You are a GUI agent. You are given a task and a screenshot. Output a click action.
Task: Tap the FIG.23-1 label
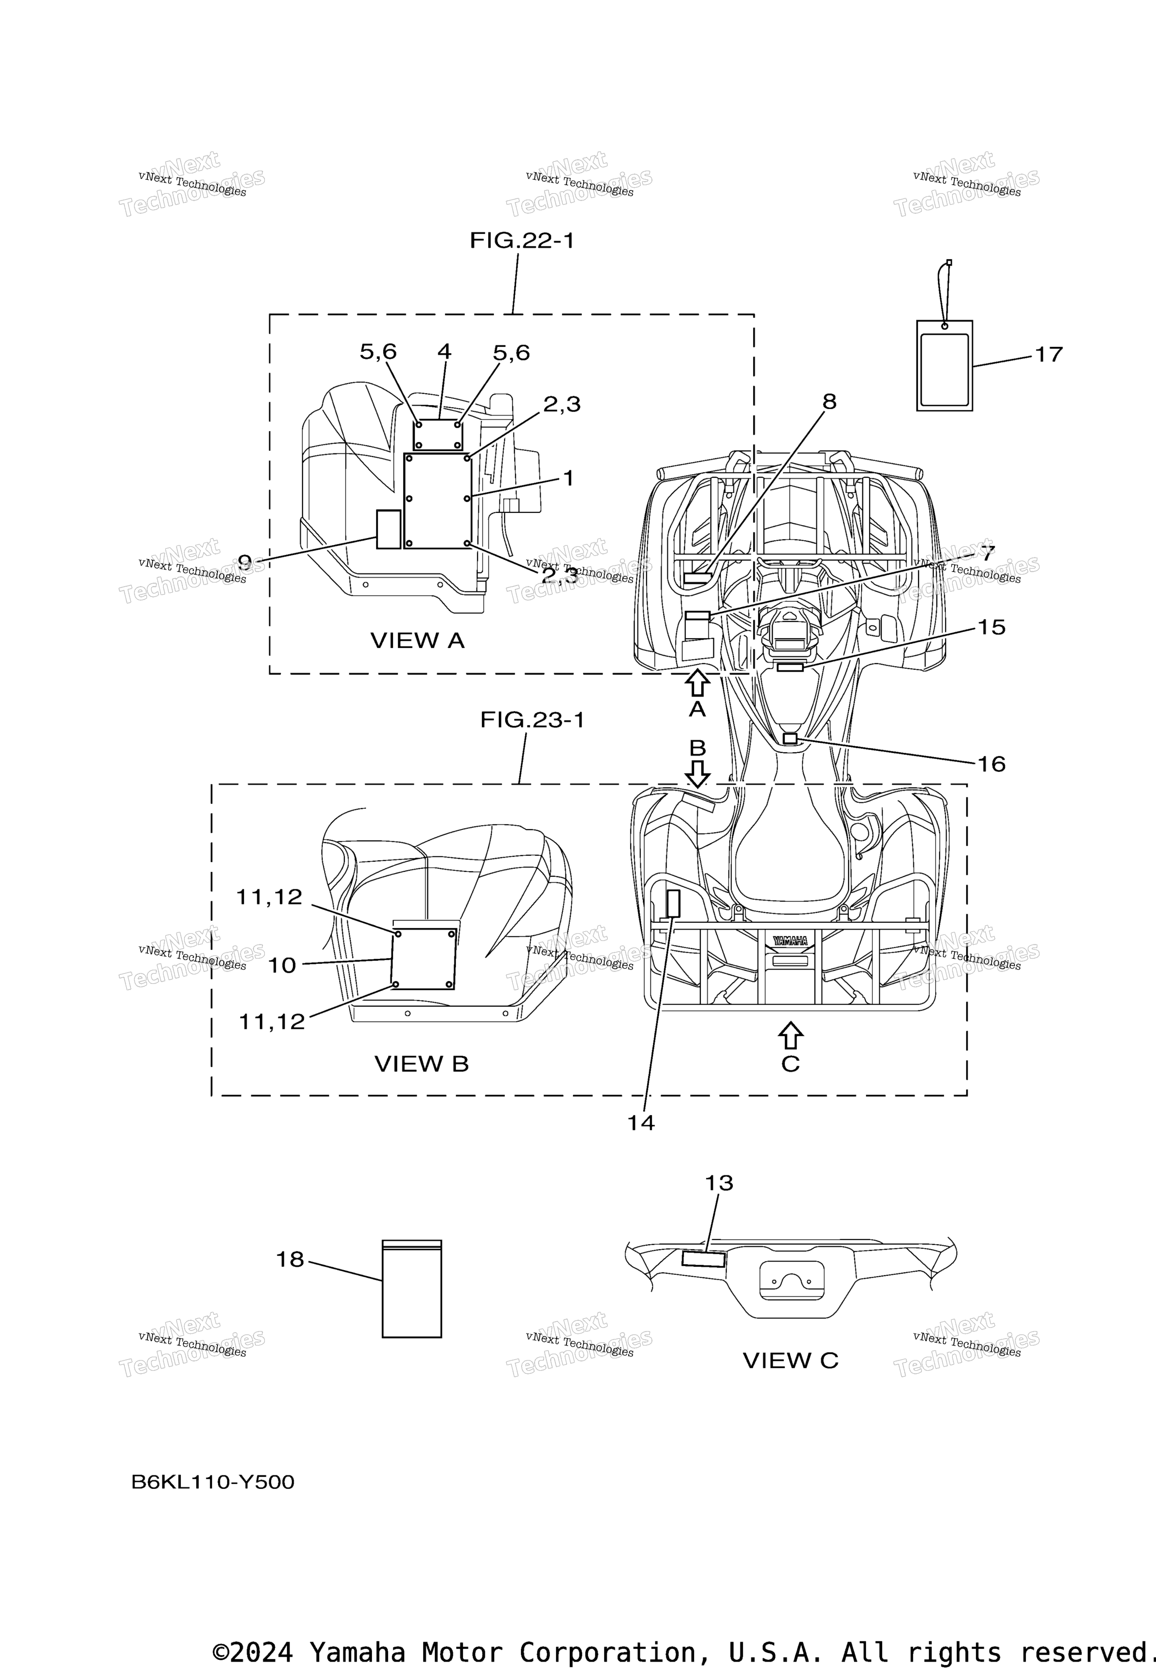click(532, 720)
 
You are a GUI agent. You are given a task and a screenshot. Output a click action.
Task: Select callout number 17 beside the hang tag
click(1048, 354)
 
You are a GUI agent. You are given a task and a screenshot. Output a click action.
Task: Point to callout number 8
click(829, 401)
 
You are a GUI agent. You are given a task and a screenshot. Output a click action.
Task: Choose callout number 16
click(992, 764)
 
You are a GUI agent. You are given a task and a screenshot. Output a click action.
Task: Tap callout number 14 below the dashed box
click(641, 1123)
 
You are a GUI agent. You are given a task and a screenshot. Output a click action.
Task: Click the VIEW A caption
click(417, 640)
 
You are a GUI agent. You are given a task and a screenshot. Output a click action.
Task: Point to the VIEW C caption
click(790, 1360)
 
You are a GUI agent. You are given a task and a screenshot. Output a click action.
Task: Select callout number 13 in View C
click(719, 1183)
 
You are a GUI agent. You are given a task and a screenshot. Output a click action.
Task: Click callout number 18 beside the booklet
click(290, 1260)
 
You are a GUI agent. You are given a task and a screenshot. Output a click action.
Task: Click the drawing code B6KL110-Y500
click(213, 1482)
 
